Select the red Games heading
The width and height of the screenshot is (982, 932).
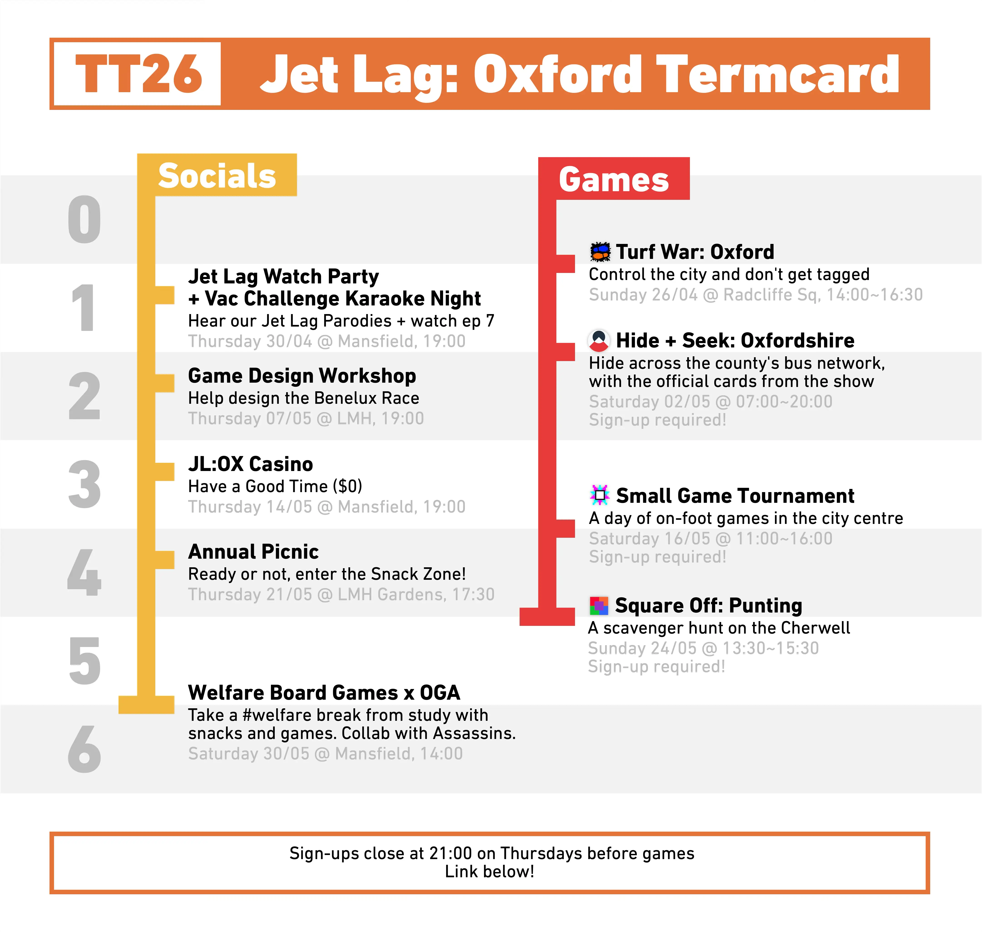coord(614,179)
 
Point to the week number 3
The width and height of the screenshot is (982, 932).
coord(84,484)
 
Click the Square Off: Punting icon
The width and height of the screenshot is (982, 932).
coord(599,605)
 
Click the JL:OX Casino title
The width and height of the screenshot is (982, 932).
coord(250,464)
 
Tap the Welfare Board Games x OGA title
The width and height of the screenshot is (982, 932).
coord(324,693)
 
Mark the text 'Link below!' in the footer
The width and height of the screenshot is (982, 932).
coord(489,871)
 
